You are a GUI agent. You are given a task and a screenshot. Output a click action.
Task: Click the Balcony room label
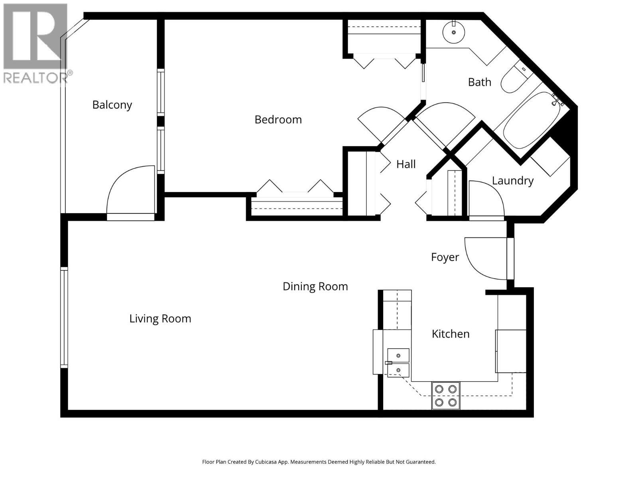[112, 105]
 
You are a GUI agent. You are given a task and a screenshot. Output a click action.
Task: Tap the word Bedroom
[278, 119]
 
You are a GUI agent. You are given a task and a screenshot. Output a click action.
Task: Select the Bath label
[479, 82]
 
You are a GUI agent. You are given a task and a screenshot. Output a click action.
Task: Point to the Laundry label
[512, 181]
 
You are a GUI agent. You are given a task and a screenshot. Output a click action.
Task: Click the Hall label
[406, 164]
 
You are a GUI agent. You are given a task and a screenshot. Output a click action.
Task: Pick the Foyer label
[445, 257]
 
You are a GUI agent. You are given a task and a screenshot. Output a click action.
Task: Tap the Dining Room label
[315, 286]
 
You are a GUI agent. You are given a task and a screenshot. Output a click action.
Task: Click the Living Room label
[160, 319]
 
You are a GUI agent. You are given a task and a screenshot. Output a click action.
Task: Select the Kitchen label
[450, 334]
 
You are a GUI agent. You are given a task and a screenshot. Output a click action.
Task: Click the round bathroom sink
[454, 32]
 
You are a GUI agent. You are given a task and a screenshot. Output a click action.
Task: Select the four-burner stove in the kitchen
[445, 396]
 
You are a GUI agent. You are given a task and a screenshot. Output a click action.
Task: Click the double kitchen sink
[398, 362]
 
